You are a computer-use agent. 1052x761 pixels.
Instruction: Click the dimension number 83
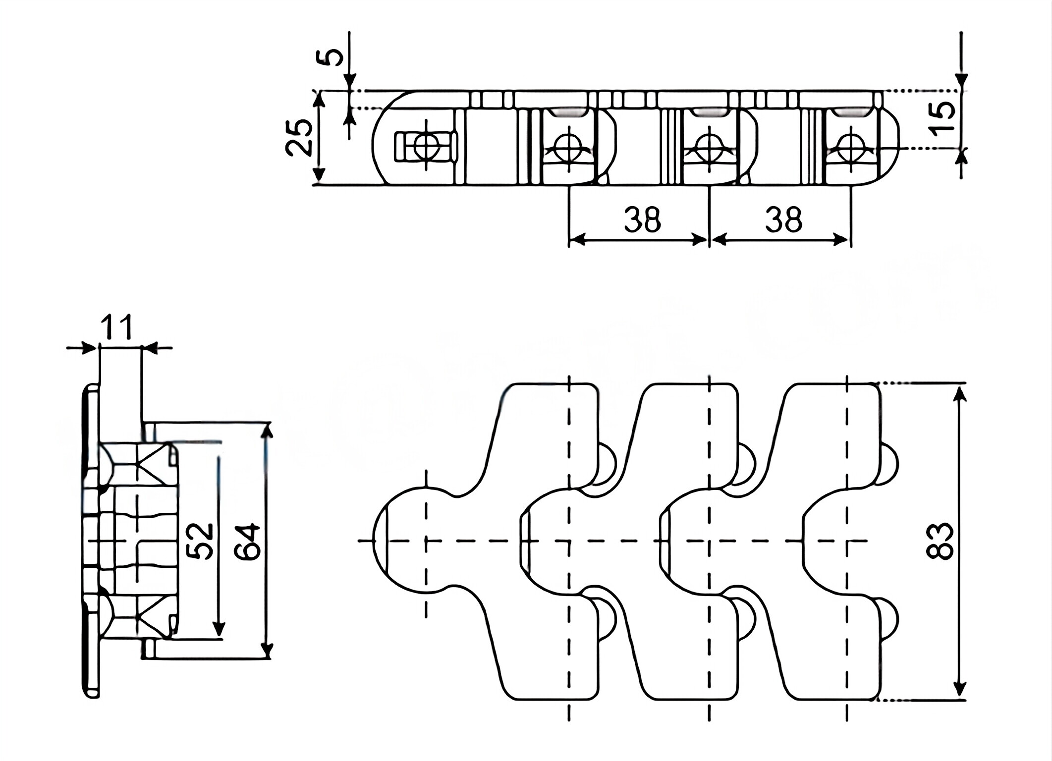940,541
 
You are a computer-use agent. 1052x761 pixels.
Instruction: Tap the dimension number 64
247,542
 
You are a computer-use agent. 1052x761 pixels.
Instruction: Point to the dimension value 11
117,327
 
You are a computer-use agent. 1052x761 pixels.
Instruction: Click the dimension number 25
299,137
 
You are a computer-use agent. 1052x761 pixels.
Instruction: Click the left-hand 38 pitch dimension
642,220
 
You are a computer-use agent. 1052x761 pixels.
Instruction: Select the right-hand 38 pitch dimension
783,220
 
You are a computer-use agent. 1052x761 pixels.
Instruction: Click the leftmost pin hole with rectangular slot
426,146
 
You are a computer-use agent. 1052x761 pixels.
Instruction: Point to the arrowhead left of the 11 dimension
89,348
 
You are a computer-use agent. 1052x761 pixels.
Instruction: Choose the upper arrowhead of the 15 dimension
961,82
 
